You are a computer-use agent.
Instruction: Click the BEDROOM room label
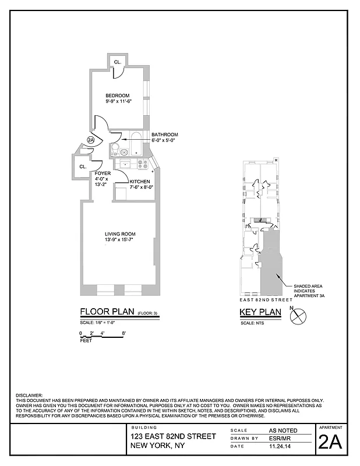tap(117, 96)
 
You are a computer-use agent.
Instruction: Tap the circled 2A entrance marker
tap(91, 140)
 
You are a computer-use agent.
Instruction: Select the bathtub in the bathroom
tap(136, 143)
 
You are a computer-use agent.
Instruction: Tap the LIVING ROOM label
tap(117, 234)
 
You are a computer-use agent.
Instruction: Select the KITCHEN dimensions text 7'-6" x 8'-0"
tap(140, 187)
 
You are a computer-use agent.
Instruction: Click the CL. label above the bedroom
tap(117, 62)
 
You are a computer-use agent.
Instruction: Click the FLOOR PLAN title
tap(107, 312)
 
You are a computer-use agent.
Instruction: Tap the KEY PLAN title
tap(260, 312)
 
